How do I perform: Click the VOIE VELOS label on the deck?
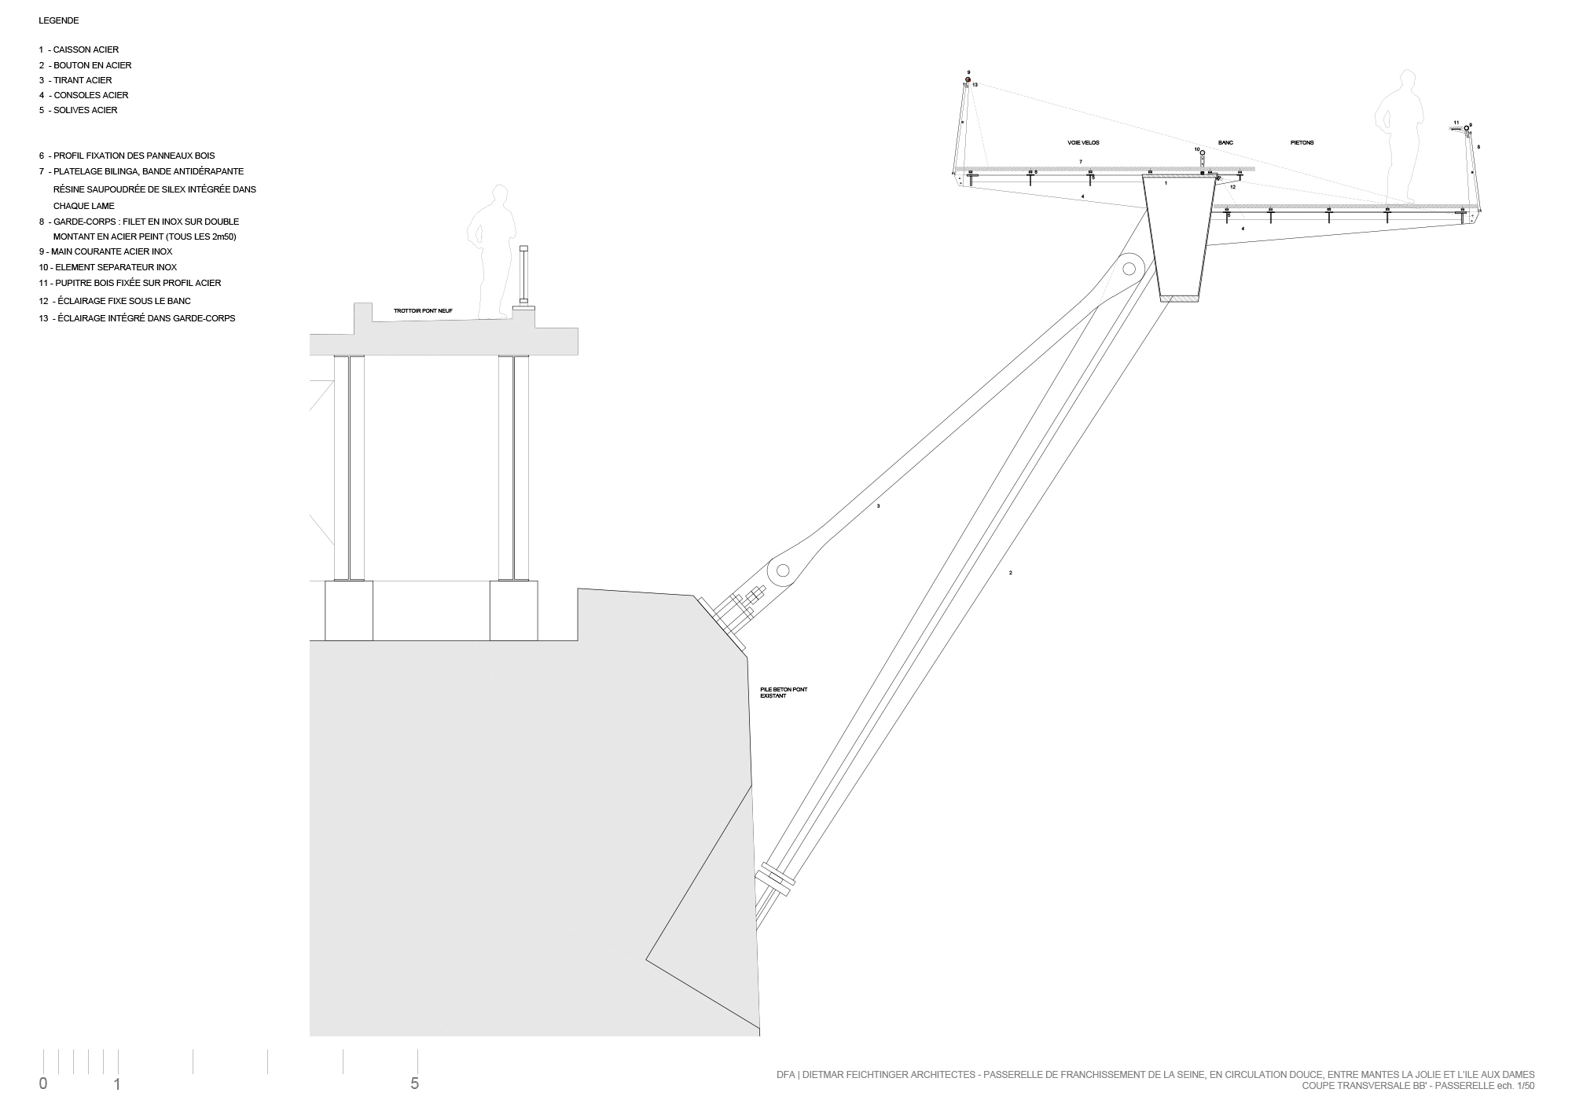click(x=1082, y=142)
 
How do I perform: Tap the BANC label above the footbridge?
click(x=1225, y=142)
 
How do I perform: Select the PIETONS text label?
click(x=1302, y=142)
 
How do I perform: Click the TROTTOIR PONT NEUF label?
click(x=423, y=311)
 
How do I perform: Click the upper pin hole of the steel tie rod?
click(x=1129, y=269)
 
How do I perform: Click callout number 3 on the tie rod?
click(x=878, y=506)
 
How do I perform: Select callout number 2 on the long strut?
click(x=1010, y=573)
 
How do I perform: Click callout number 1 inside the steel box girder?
click(x=1166, y=183)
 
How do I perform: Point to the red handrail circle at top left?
click(x=968, y=79)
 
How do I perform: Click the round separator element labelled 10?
click(x=1202, y=152)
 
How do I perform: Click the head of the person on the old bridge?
click(x=498, y=196)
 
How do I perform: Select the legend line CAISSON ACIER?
click(x=79, y=49)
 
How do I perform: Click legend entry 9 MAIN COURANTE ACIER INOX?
click(x=105, y=251)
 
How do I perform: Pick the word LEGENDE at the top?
click(x=58, y=21)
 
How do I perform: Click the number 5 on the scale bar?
click(x=414, y=1084)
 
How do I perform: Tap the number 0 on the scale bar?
click(x=43, y=1084)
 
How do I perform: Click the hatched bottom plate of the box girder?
click(x=1180, y=299)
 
